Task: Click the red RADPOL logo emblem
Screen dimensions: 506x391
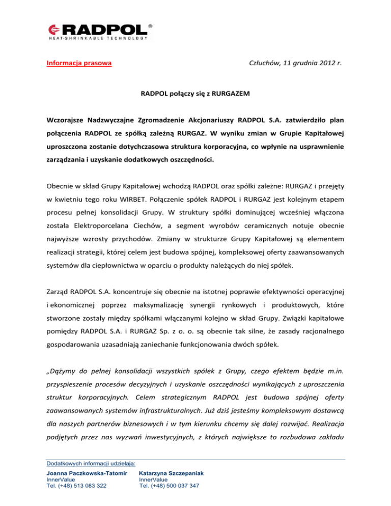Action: [54, 30]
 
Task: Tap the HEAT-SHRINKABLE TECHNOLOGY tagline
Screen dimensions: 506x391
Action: [99, 38]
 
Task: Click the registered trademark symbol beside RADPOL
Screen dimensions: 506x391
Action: [150, 24]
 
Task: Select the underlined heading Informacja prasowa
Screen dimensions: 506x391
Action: [79, 64]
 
